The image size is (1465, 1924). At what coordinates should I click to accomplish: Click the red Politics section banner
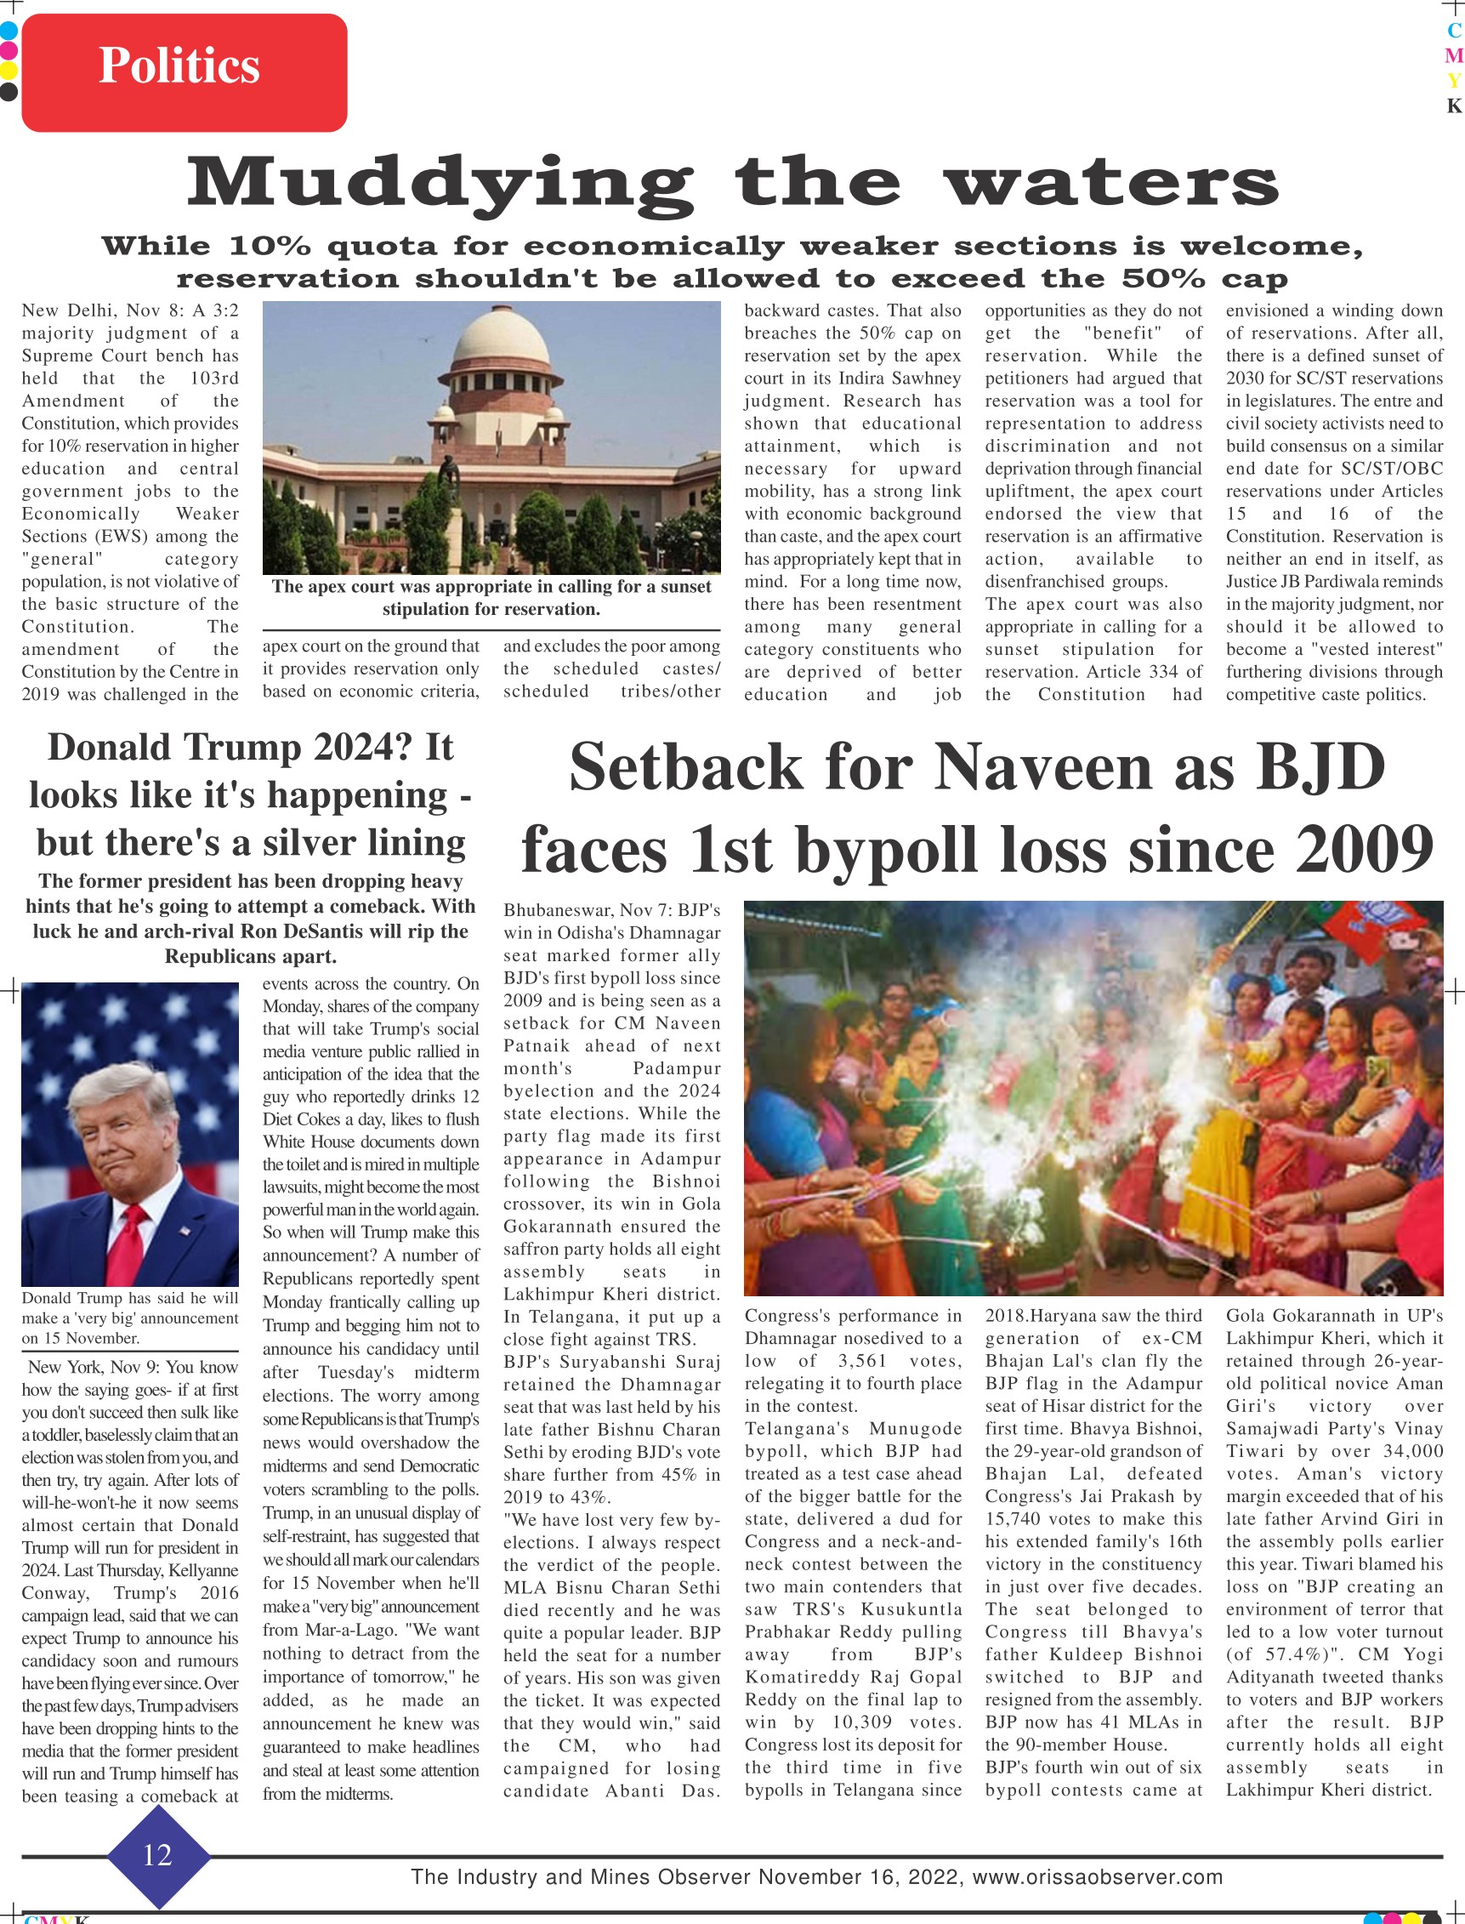[184, 71]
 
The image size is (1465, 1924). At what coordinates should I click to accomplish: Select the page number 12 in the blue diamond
[158, 1855]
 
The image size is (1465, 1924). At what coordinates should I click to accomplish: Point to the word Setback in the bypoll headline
[684, 767]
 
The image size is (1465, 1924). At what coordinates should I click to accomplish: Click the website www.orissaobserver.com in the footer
[1097, 1877]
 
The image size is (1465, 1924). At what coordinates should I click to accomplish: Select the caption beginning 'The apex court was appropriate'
[491, 597]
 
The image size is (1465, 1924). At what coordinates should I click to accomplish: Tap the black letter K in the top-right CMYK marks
[1453, 106]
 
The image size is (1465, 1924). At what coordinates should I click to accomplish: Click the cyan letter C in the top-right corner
[1453, 30]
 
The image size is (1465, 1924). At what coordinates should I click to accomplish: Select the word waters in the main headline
[1111, 184]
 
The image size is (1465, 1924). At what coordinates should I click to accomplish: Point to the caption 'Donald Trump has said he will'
[129, 1298]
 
